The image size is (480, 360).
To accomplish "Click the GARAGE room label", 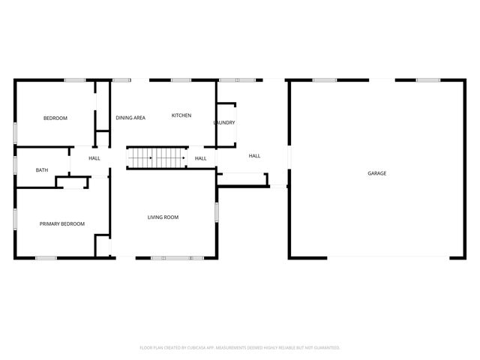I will coord(376,173).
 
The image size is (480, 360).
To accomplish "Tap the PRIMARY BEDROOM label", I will coord(62,223).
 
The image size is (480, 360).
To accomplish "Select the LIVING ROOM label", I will coord(163,217).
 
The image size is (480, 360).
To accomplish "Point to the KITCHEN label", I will coord(181,115).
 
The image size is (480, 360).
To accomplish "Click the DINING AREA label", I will coord(130,118).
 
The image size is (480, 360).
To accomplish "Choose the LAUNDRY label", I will coord(224,123).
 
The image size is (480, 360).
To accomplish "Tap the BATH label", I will coord(42,170).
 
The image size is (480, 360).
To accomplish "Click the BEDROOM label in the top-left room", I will coord(55,118).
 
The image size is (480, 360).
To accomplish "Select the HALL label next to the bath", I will coord(94,158).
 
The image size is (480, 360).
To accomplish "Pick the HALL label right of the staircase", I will coord(201,158).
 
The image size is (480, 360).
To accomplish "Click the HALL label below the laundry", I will coord(254,155).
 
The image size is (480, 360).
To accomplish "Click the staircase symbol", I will coord(156,157).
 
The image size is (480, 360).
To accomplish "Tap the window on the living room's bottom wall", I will coord(177,258).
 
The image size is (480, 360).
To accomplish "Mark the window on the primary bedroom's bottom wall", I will coord(46,258).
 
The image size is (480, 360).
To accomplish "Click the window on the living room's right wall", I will coord(217,212).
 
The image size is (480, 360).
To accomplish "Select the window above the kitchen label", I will coord(181,80).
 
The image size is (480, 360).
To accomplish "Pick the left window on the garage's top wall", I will coord(324,80).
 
